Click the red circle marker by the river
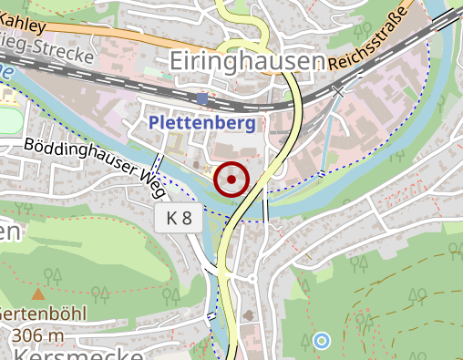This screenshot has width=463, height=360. pyautogui.click(x=231, y=180)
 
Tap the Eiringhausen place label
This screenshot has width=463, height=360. pyautogui.click(x=247, y=62)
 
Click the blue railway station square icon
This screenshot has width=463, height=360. pyautogui.click(x=201, y=98)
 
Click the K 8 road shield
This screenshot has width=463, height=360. pyautogui.click(x=179, y=219)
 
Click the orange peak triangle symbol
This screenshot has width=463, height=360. pyautogui.click(x=37, y=294)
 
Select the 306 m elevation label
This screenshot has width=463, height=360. pyautogui.click(x=37, y=335)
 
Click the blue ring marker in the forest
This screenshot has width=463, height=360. pyautogui.click(x=321, y=341)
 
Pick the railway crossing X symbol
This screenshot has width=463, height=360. pyautogui.click(x=339, y=91)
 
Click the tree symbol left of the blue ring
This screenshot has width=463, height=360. pyautogui.click(x=305, y=341)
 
